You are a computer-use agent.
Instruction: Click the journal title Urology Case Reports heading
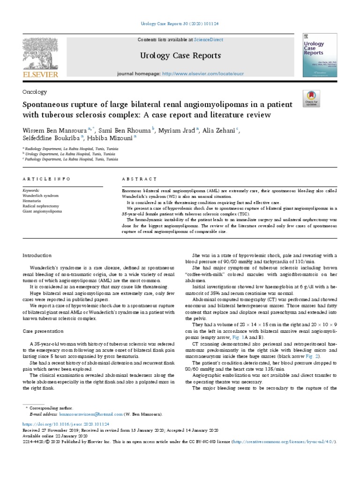(180, 56)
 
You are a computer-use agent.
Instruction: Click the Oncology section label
(35, 92)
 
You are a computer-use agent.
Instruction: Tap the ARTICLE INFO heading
(47, 179)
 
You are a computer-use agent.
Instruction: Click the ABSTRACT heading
(139, 179)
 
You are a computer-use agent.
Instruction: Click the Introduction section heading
(37, 255)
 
